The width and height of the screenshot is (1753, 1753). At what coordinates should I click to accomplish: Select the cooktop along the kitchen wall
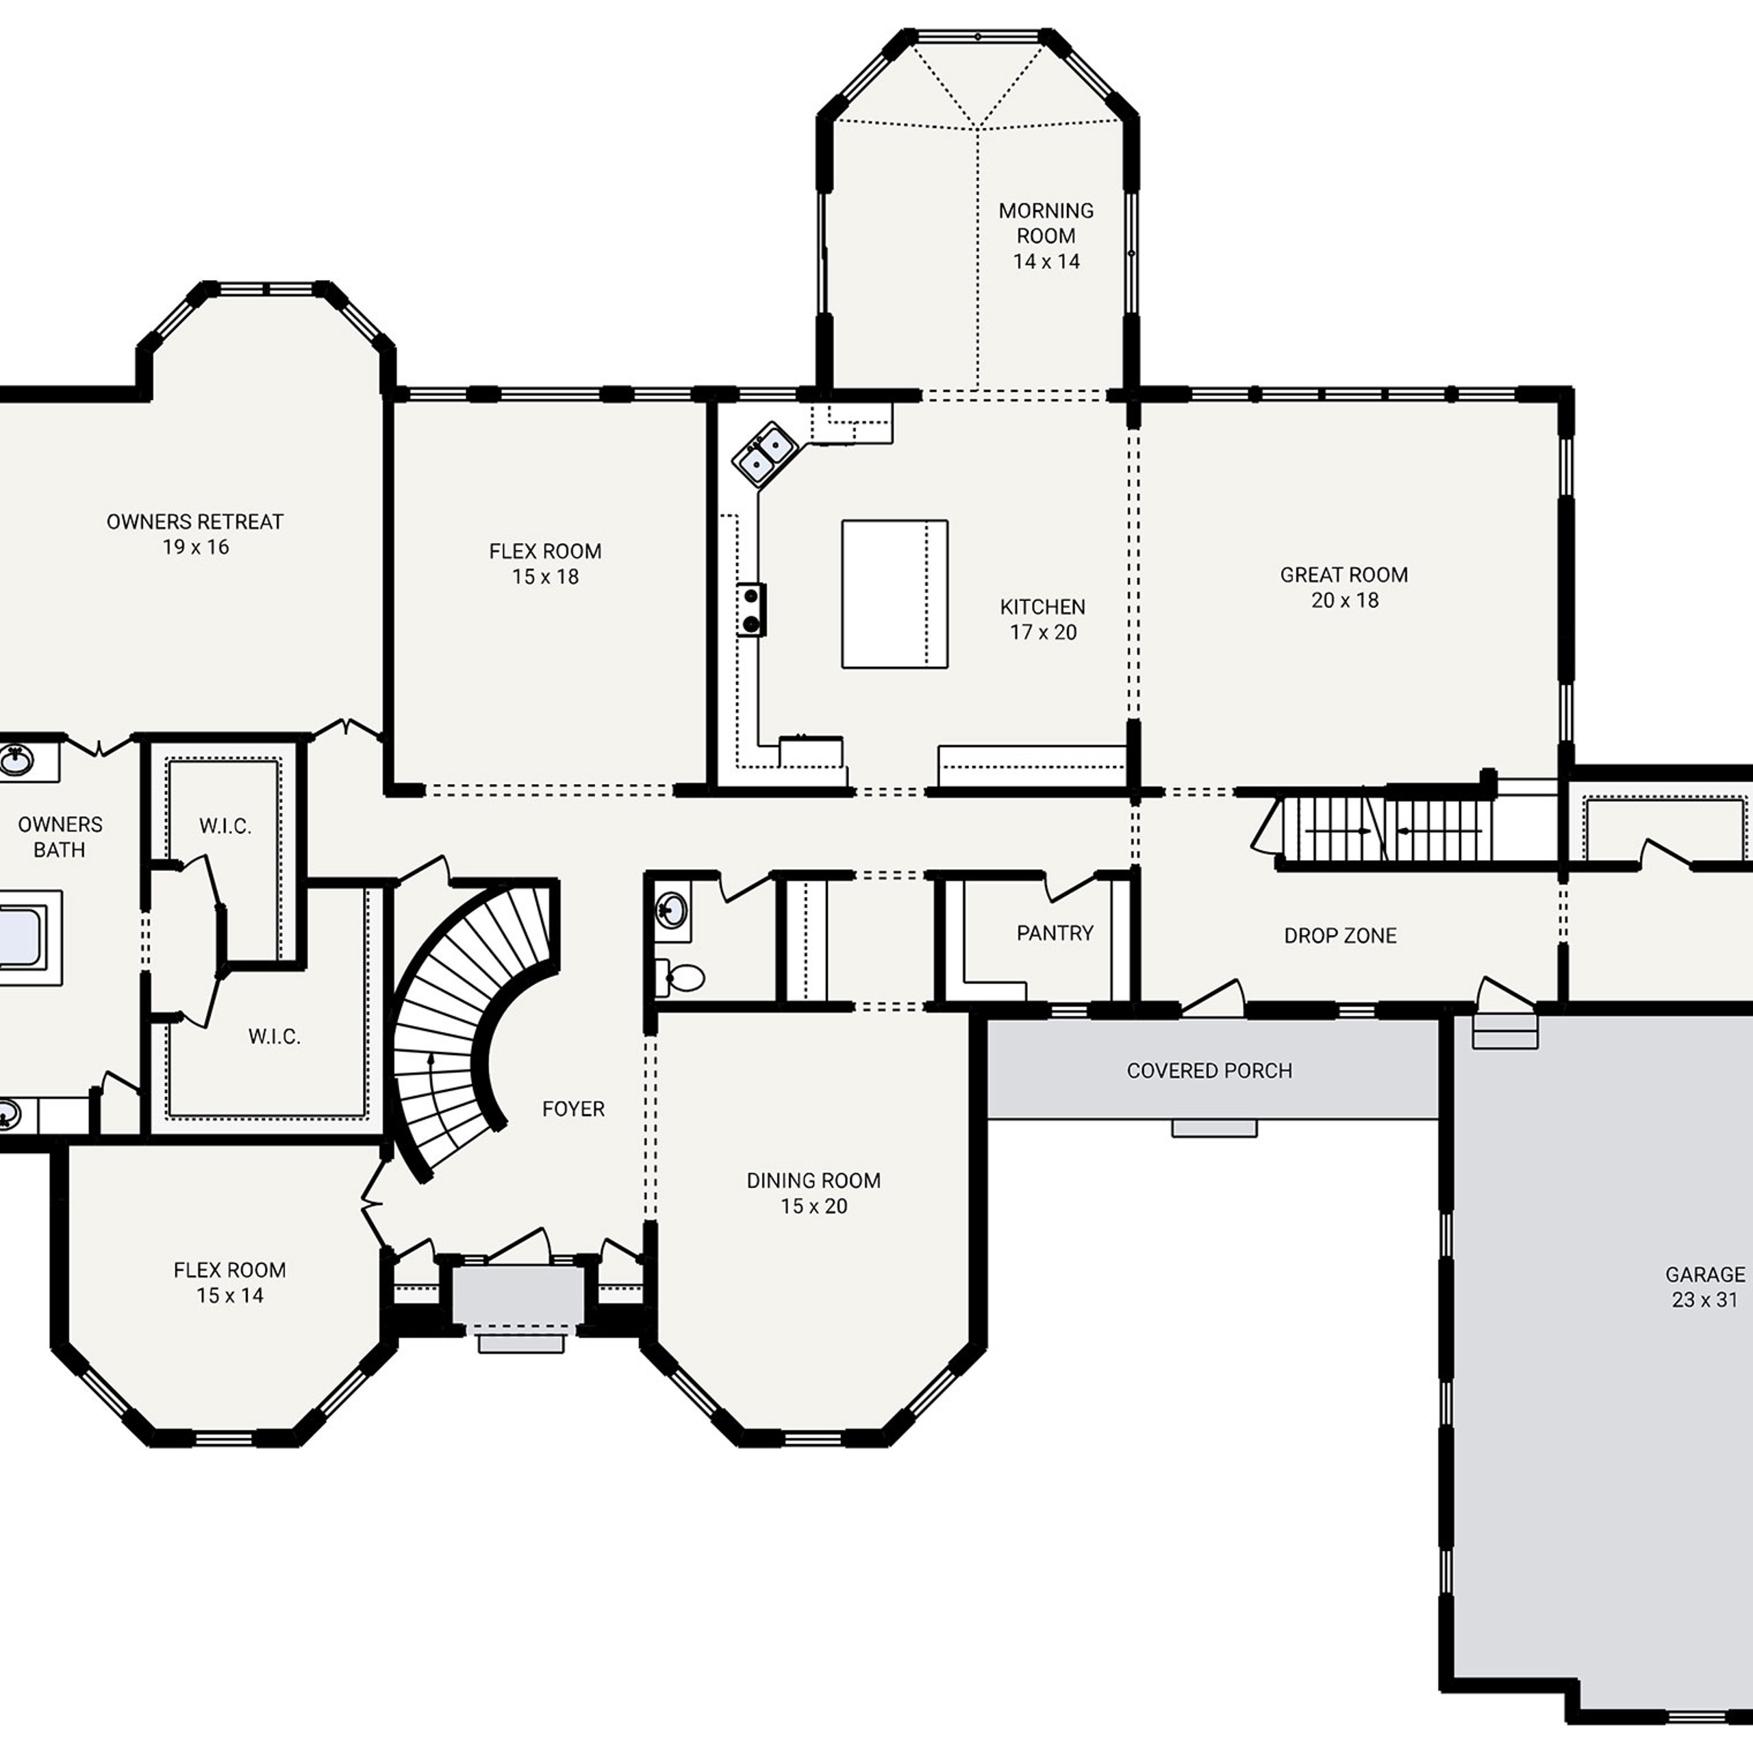751,609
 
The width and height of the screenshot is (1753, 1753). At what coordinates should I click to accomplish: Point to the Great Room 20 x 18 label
1344,587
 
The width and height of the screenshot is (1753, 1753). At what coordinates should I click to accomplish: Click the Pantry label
1055,933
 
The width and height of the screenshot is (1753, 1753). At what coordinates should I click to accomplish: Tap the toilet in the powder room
682,977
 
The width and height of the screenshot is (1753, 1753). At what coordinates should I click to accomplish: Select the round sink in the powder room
672,907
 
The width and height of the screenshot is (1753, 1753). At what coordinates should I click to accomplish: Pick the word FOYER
572,1109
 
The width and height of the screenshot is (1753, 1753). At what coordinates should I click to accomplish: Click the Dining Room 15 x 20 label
813,1193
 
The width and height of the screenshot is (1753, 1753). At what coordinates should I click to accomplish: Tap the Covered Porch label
1209,1071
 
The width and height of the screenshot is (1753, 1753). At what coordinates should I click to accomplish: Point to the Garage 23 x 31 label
1704,1287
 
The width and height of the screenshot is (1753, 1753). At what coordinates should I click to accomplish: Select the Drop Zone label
1339,935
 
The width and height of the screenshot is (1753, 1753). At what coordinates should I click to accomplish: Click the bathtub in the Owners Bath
23,937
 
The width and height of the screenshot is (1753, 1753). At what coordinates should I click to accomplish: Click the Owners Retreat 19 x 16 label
195,533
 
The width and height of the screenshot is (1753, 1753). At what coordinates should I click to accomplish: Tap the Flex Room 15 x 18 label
544,564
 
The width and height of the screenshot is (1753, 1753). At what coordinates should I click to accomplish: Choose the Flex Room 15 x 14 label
229,1282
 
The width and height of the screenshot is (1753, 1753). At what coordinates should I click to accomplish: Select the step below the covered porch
1214,1128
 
